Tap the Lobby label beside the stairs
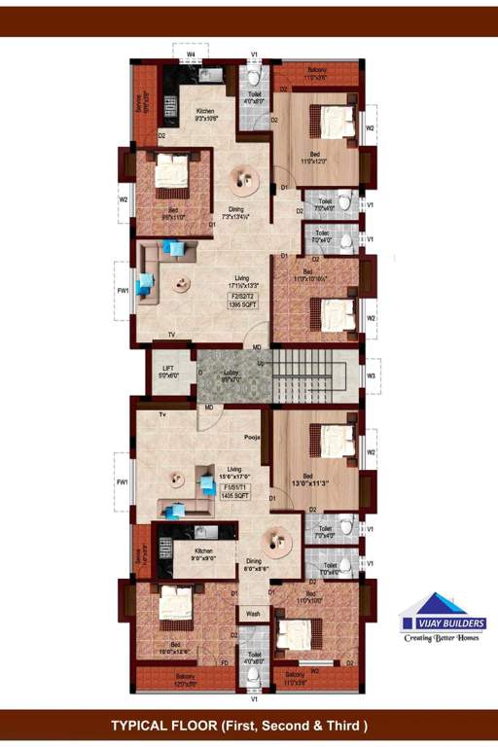point(232,376)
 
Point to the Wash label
point(252,615)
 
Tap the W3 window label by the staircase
point(372,373)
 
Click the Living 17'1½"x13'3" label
point(229,282)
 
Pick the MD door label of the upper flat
point(257,347)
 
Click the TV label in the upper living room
point(171,335)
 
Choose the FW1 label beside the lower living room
point(123,481)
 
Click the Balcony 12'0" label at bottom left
point(185,677)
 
